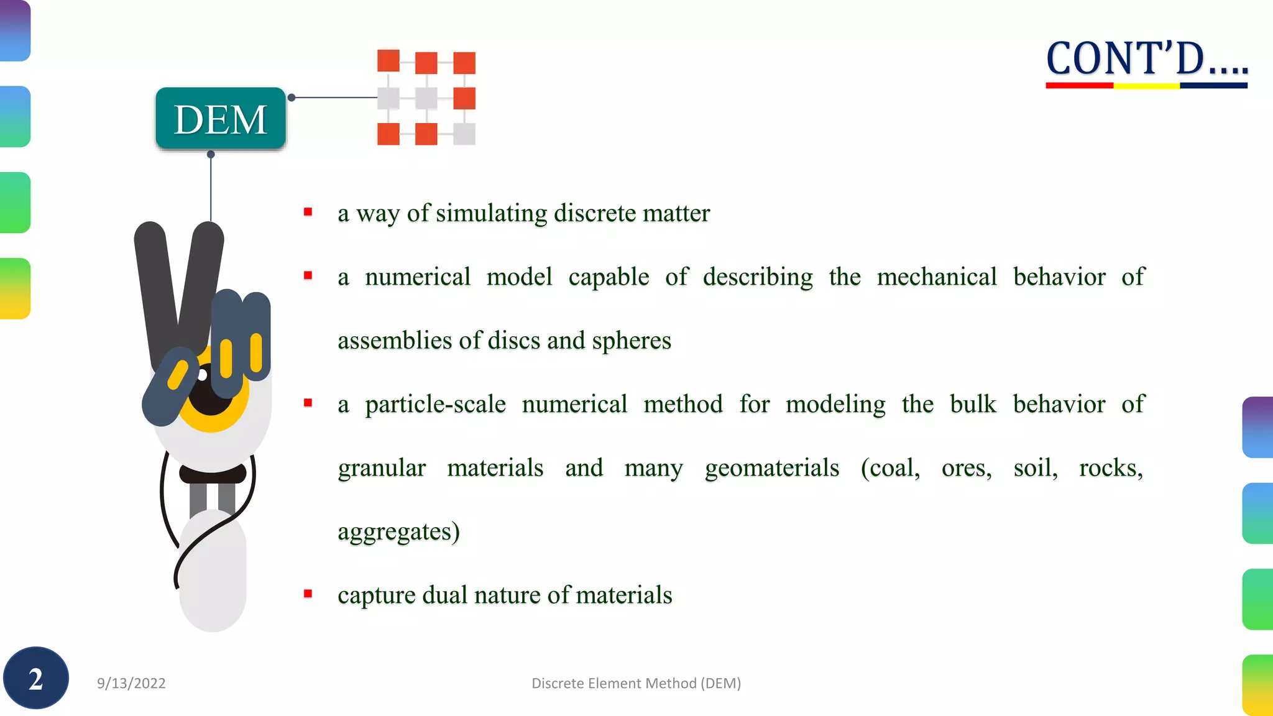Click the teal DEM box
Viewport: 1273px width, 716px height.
pyautogui.click(x=221, y=119)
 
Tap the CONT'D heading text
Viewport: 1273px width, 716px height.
pyautogui.click(x=1147, y=59)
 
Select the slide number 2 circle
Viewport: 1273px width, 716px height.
pyautogui.click(x=36, y=678)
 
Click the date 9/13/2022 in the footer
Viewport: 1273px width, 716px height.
pyautogui.click(x=131, y=683)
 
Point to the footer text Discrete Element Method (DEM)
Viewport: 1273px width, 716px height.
pyautogui.click(x=636, y=683)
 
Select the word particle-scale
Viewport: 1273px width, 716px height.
pyautogui.click(x=435, y=405)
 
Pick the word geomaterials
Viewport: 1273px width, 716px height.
pyautogui.click(x=772, y=468)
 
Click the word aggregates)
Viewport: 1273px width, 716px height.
pyautogui.click(x=398, y=532)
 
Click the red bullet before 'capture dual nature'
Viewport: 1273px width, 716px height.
pyautogui.click(x=308, y=594)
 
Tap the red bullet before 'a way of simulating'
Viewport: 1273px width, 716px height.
pyautogui.click(x=308, y=213)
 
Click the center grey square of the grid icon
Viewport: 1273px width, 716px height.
pyautogui.click(x=426, y=98)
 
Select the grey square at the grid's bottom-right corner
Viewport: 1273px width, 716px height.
pyautogui.click(x=464, y=134)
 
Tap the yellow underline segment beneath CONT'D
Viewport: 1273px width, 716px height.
pyautogui.click(x=1146, y=86)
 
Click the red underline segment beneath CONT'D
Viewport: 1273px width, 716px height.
pyautogui.click(x=1079, y=86)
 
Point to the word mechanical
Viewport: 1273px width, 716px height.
pyautogui.click(x=936, y=277)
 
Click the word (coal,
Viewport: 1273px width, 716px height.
pyautogui.click(x=890, y=468)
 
